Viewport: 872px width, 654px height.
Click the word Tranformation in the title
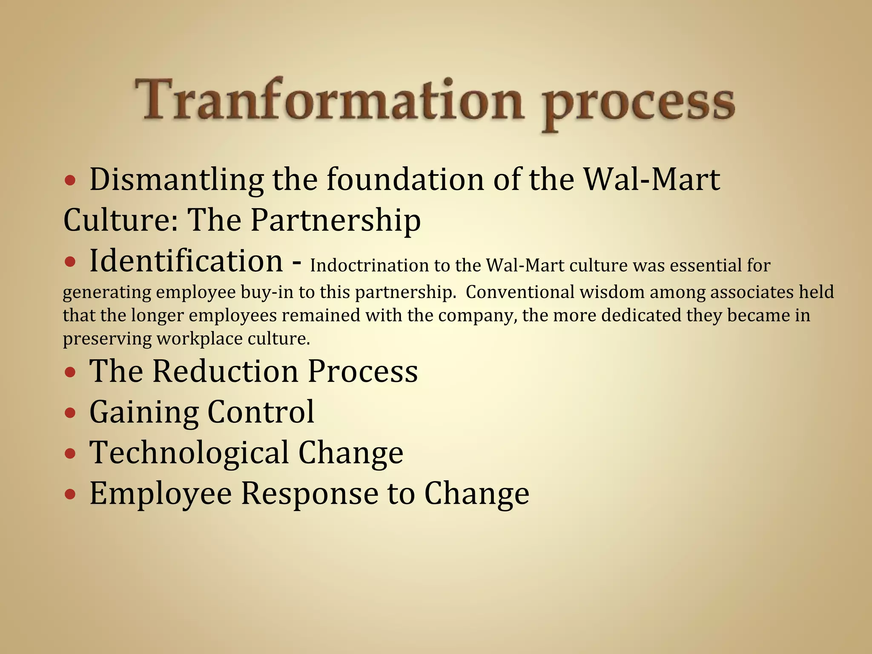click(328, 100)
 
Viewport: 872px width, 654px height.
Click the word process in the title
click(639, 104)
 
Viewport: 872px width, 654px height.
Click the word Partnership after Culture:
click(336, 220)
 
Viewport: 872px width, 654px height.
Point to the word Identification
click(186, 261)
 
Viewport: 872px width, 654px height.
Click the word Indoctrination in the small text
click(369, 266)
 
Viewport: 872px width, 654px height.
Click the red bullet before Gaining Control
click(71, 413)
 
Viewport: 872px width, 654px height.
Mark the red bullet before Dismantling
click(71, 181)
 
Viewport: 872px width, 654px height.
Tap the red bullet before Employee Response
click(71, 494)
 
